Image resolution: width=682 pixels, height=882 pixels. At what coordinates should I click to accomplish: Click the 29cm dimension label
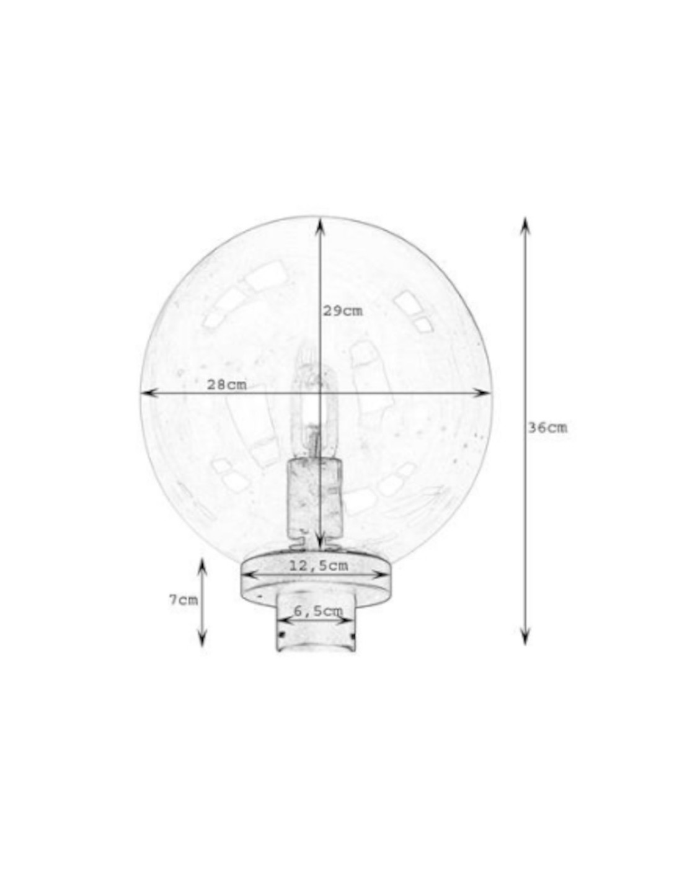click(342, 311)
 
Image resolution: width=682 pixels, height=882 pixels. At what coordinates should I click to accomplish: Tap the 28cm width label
click(227, 385)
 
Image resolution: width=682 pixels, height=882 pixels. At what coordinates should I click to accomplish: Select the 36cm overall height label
click(547, 428)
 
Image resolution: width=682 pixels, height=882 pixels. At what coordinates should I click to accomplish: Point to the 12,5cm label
click(319, 566)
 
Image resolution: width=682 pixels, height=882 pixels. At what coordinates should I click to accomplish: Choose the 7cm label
click(184, 612)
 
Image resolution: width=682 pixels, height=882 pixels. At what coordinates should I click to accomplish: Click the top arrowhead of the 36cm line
click(525, 226)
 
